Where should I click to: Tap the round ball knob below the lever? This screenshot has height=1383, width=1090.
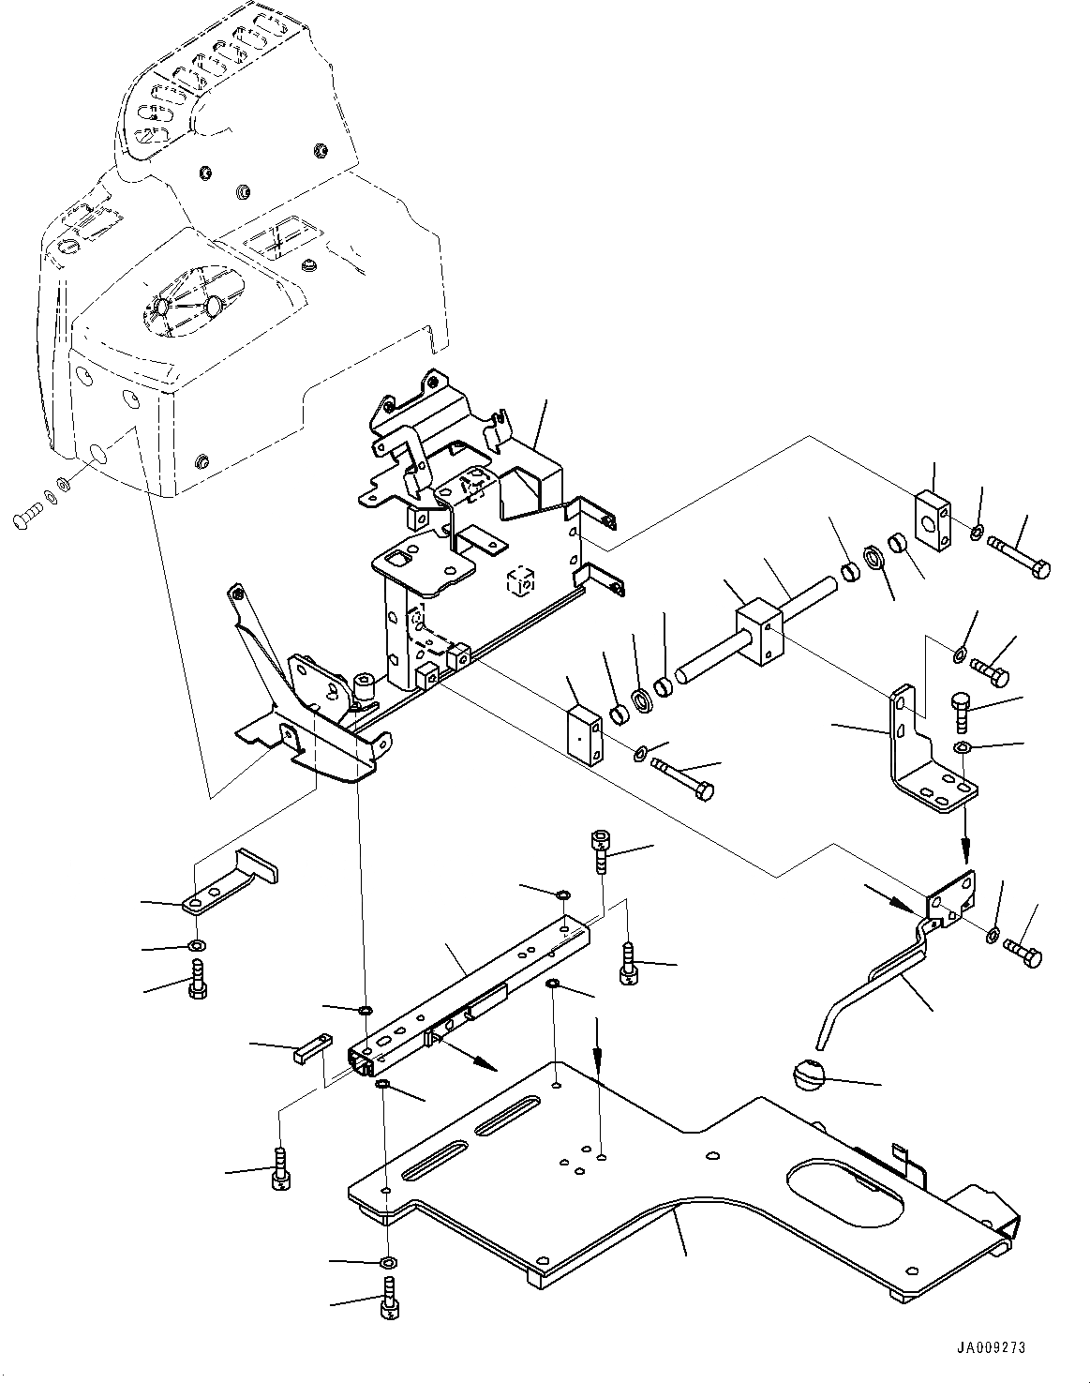click(x=805, y=1075)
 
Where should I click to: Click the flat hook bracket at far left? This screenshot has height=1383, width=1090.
click(x=230, y=882)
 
